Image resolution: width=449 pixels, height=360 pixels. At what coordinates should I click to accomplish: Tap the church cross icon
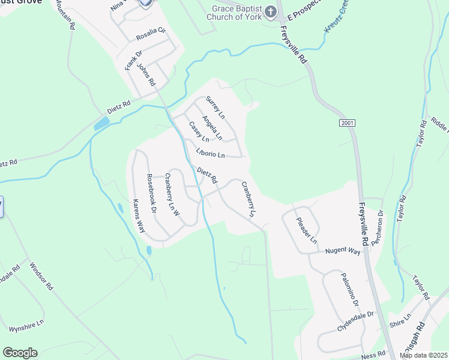270,11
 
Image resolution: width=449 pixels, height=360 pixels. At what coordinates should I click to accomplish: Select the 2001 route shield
347,123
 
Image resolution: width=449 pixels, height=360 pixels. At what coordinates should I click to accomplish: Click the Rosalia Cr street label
150,37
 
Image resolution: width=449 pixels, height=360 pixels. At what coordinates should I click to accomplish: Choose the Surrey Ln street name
215,107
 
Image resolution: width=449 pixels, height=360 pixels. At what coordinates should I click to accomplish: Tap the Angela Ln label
212,128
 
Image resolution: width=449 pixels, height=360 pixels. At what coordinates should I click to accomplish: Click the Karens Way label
139,215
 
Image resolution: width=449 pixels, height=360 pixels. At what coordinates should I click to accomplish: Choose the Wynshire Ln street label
26,326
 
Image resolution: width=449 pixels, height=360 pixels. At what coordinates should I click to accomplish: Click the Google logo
20,353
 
